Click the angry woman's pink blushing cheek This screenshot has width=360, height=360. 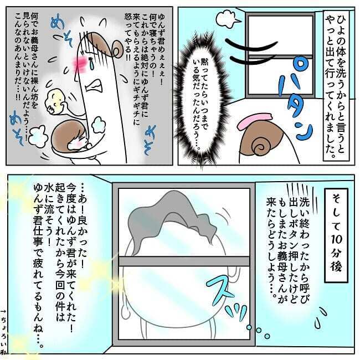click(78, 58)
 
